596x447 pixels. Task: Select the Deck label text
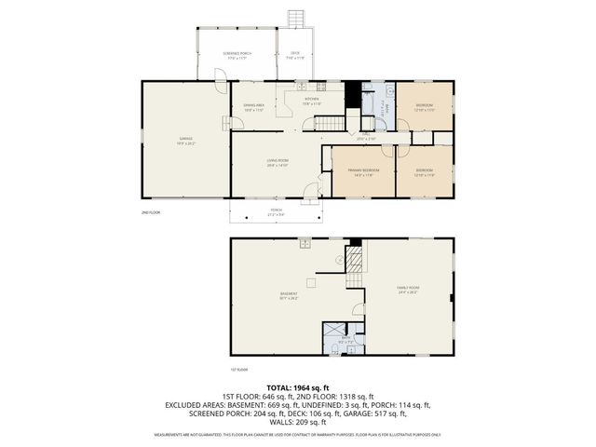coord(295,55)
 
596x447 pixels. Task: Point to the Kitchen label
coord(311,101)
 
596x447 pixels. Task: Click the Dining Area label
coord(254,107)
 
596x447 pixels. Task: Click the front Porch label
coord(276,211)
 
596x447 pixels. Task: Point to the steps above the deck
coord(296,19)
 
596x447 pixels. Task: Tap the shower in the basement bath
coord(332,332)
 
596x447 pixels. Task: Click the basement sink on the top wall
coord(305,244)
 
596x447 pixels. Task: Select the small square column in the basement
coord(312,281)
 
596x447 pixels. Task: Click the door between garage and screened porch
coord(220,87)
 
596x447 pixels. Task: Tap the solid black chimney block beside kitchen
coord(352,92)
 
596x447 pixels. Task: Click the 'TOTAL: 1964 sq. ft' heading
coord(298,387)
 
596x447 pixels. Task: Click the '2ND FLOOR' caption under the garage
coord(151,213)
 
